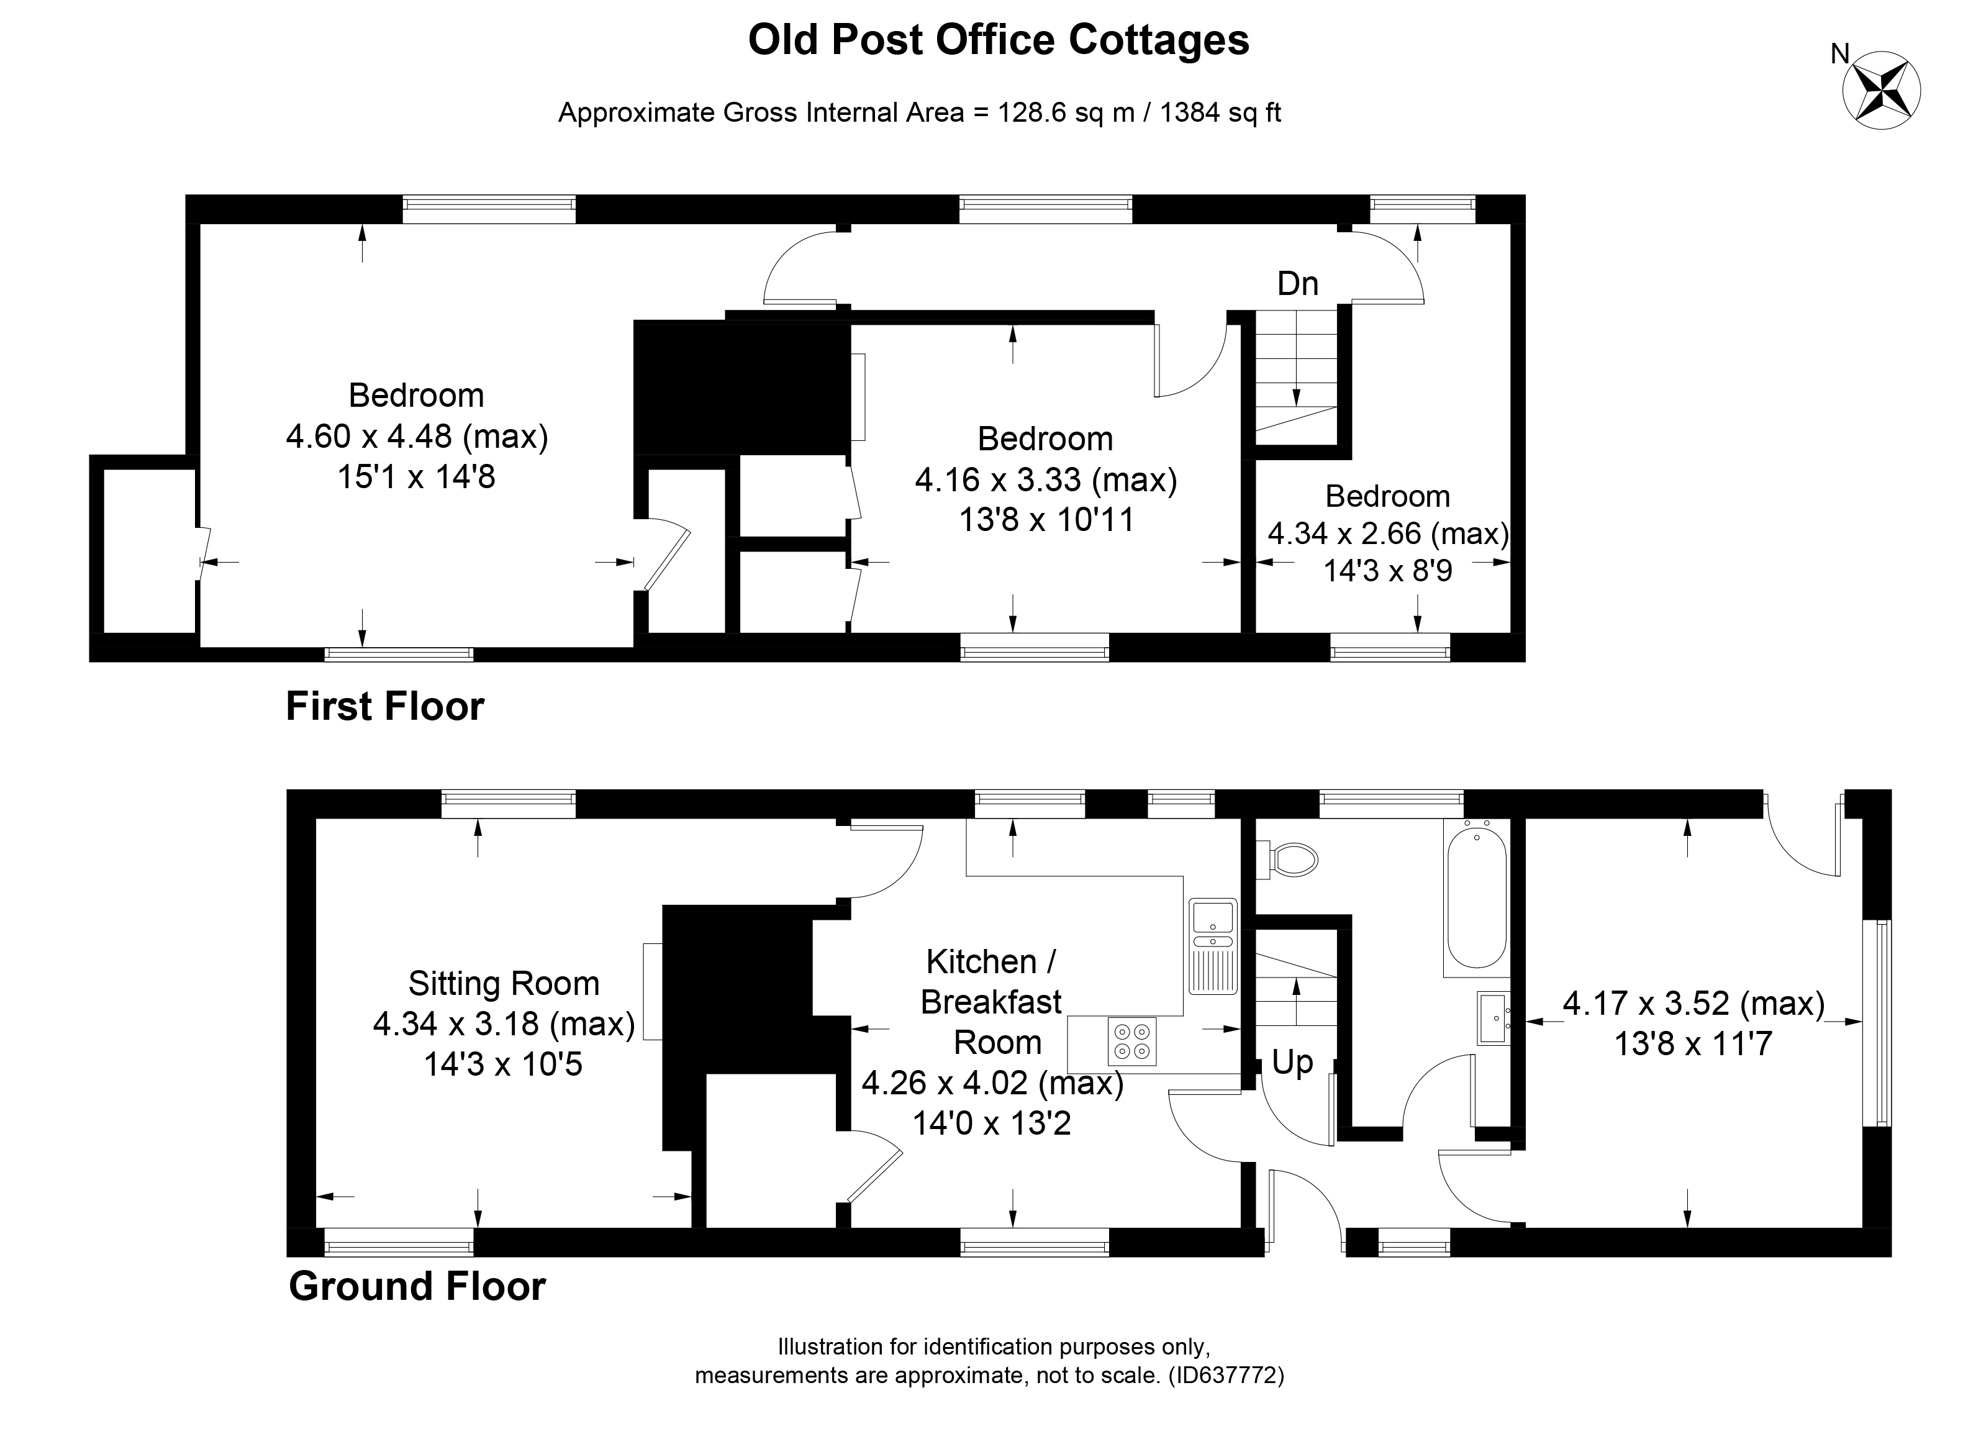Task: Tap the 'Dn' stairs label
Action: click(x=1297, y=284)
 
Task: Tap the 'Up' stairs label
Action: click(x=1292, y=1062)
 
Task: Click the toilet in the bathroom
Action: click(x=1289, y=860)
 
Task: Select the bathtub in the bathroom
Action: click(x=1476, y=898)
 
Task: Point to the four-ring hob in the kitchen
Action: click(x=1132, y=1041)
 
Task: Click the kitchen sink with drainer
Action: click(x=1212, y=945)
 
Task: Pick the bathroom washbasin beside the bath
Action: click(x=1493, y=1017)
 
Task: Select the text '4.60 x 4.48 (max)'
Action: click(x=417, y=436)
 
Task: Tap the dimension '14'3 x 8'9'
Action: click(x=1387, y=570)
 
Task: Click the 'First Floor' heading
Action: click(x=384, y=707)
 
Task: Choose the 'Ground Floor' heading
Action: click(x=417, y=1286)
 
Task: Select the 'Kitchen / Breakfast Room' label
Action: click(x=992, y=1002)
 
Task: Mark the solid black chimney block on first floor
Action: click(x=741, y=387)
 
